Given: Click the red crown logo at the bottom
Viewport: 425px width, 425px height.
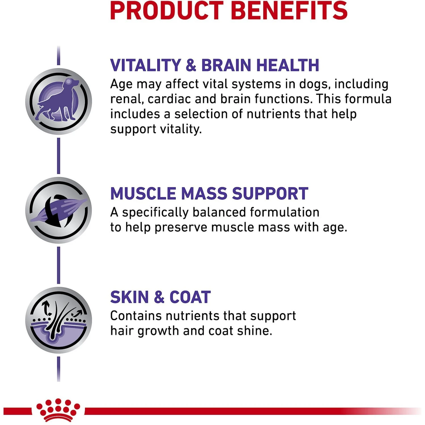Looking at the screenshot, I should coord(58,410).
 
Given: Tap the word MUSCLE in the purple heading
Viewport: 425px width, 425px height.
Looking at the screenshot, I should coord(143,194).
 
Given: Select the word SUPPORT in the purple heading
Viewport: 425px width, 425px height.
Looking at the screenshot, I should coord(270,194).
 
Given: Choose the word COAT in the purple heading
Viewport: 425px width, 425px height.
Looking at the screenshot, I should coord(190,297).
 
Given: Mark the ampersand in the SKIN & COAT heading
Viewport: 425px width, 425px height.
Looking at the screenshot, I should coord(159,297).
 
